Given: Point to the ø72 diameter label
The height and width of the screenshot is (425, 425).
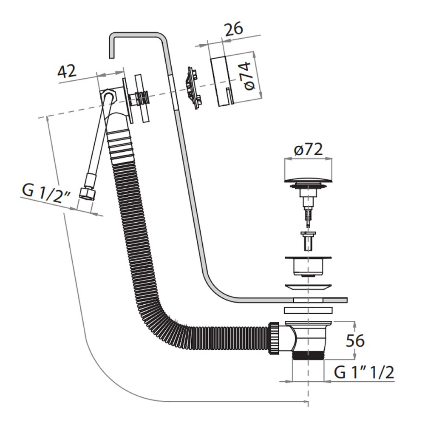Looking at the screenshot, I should point(308,149).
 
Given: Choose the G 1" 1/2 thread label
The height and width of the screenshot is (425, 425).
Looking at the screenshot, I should point(364,373).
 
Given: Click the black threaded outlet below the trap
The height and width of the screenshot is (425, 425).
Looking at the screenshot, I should point(308,356).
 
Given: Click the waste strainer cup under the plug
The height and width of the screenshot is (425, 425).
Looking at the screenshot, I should point(307,266).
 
